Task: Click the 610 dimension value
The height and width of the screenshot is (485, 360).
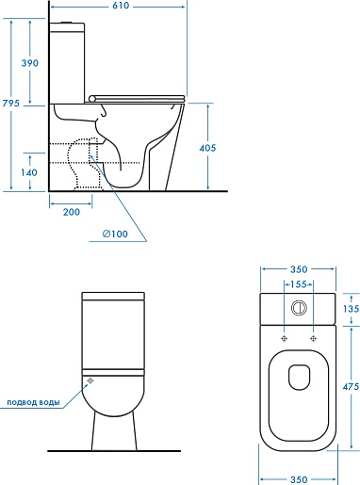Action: click(121, 6)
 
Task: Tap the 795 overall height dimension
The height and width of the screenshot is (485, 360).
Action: click(11, 103)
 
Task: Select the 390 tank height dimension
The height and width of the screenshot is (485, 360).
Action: click(30, 63)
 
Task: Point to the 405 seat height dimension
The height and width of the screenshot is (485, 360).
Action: click(207, 148)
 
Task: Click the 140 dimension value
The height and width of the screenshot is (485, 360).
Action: click(29, 172)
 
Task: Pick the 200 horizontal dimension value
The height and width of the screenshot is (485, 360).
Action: click(72, 212)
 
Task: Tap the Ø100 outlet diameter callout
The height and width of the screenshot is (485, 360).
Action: click(115, 234)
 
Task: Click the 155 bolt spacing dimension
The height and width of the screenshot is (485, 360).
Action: click(298, 284)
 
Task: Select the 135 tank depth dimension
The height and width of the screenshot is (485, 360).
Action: click(351, 309)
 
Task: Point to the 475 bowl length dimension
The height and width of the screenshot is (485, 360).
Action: click(351, 386)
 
